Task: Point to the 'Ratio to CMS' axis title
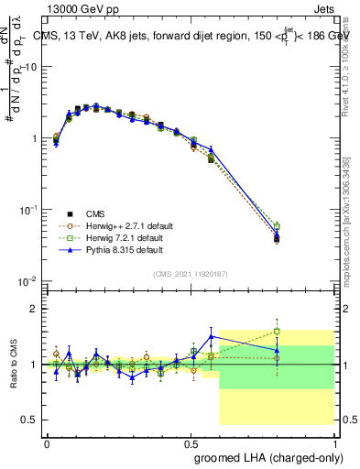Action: (15, 365)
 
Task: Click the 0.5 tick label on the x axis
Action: (191, 442)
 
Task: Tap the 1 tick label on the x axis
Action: (334, 442)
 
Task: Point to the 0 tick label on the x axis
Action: (47, 442)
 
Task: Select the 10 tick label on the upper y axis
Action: (29, 67)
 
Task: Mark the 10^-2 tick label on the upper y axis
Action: (28, 280)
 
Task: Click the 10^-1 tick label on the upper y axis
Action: (28, 209)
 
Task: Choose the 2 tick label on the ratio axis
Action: (36, 309)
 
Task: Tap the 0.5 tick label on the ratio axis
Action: (31, 420)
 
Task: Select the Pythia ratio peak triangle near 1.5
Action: (212, 336)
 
